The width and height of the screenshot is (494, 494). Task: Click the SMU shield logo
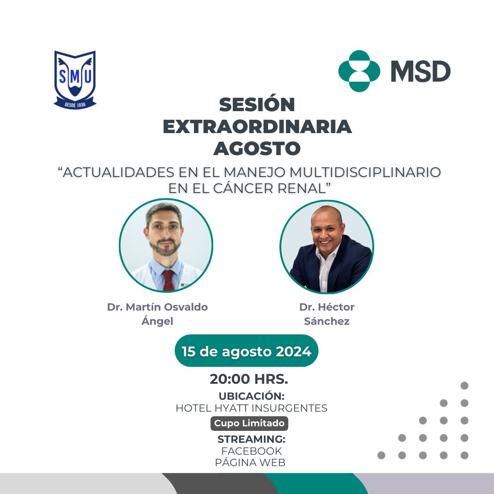[x=75, y=80]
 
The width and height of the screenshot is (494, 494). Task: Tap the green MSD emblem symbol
[x=359, y=71]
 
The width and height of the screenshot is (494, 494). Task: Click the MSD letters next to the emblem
[x=420, y=71]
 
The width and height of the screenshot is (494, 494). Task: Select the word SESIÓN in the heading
[x=257, y=105]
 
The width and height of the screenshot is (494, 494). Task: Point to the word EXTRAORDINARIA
[x=257, y=127]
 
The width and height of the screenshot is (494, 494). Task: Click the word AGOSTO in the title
[x=257, y=148]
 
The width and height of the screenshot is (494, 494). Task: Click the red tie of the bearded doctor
[x=169, y=279]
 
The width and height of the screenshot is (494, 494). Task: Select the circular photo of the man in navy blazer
[x=327, y=247]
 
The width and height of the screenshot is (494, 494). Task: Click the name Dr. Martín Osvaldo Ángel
[x=157, y=314]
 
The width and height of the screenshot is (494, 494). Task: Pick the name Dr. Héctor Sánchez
[x=327, y=314]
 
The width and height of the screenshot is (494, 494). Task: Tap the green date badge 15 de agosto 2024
[x=247, y=351]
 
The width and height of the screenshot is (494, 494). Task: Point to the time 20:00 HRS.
[x=249, y=379]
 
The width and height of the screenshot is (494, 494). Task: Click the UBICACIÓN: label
[x=252, y=396]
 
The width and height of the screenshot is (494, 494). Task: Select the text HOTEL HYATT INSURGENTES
[x=252, y=408]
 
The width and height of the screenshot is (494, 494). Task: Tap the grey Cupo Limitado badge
[x=249, y=424]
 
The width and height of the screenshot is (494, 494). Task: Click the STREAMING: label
[x=251, y=439]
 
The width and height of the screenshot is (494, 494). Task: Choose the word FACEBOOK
[x=251, y=451]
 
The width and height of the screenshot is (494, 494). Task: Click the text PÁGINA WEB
[x=250, y=462]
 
